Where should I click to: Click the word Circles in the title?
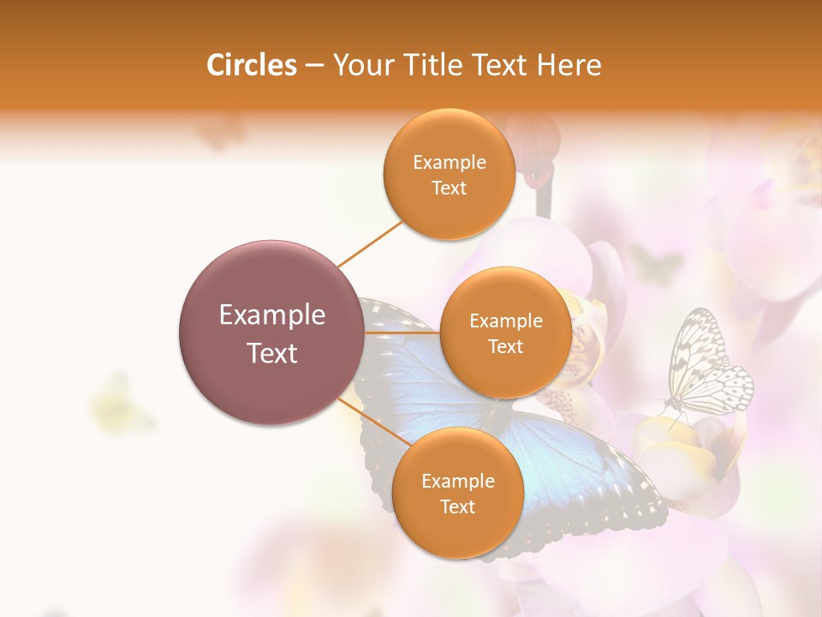[x=251, y=65]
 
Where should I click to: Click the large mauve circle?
[x=271, y=332]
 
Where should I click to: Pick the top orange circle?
[x=449, y=174]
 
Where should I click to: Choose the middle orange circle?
[x=505, y=332]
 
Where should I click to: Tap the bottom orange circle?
[x=457, y=493]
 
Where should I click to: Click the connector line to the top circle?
[x=371, y=243]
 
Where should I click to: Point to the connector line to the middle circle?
[x=402, y=332]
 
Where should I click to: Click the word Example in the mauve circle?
[x=271, y=315]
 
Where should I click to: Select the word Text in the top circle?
[x=449, y=189]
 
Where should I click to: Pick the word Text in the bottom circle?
[x=457, y=507]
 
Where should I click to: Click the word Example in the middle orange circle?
[x=505, y=320]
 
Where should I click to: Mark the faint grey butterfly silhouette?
[x=655, y=262]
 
